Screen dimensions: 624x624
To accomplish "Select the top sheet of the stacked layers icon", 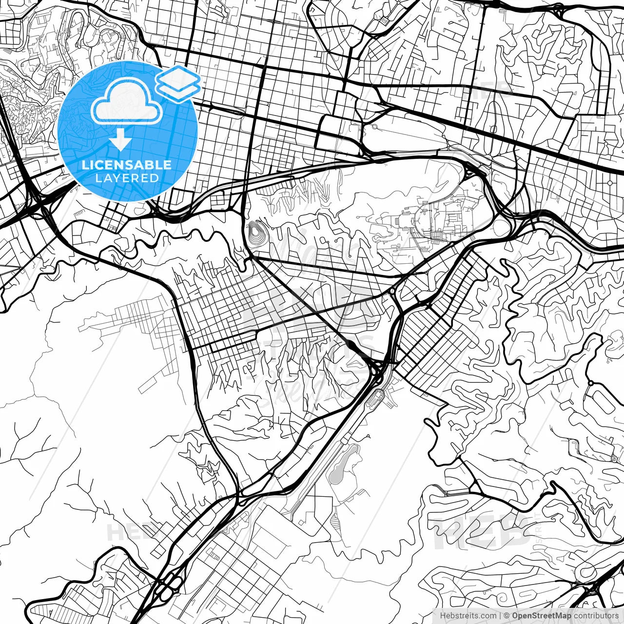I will pos(178,77).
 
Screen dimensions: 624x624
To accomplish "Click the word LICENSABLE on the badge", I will pos(127,165).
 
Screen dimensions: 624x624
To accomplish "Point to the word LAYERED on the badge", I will pos(127,178).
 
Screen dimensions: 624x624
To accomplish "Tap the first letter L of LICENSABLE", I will pos(84,165).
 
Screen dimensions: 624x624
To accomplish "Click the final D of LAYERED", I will pos(155,178).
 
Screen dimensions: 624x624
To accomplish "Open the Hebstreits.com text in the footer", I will pos(465,615).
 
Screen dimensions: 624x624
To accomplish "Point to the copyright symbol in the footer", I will pos(507,615).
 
